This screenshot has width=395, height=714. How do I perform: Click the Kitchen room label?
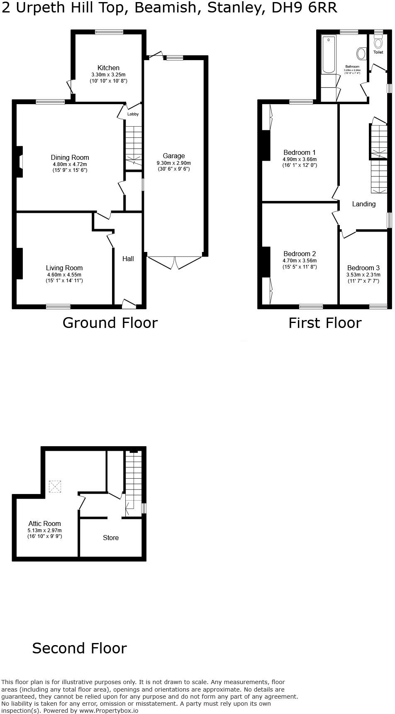[x=108, y=68]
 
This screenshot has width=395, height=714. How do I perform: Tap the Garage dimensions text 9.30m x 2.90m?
[x=173, y=163]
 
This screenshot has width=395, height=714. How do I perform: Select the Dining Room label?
[x=70, y=157]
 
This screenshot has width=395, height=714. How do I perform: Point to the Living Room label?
[x=64, y=268]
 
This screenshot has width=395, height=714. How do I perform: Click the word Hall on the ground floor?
[x=128, y=259]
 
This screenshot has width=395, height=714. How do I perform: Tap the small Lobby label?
[x=133, y=114]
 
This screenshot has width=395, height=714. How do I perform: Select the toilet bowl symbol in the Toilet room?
[x=378, y=43]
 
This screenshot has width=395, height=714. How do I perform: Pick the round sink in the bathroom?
[x=361, y=54]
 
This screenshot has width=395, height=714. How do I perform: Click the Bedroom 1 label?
[x=300, y=152]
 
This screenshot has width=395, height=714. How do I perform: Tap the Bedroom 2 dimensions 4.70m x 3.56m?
[x=300, y=261]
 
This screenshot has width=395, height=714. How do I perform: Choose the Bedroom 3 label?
[x=363, y=268]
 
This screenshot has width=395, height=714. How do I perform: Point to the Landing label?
[x=363, y=204]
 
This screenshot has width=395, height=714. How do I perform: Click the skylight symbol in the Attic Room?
[x=55, y=487]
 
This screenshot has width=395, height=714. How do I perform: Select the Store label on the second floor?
[x=111, y=538]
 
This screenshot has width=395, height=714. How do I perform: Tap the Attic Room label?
[x=44, y=523]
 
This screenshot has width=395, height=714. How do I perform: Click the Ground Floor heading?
[x=110, y=323]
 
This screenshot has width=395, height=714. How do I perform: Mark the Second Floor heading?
[x=79, y=648]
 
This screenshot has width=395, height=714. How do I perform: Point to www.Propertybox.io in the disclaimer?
[x=109, y=710]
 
